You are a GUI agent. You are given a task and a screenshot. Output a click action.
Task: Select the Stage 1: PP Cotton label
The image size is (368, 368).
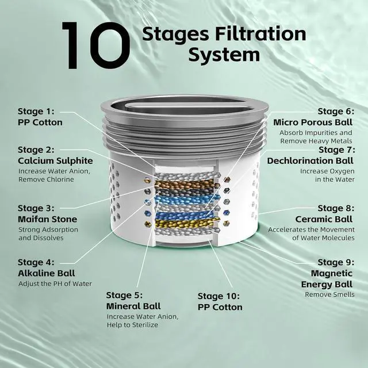tap(40, 117)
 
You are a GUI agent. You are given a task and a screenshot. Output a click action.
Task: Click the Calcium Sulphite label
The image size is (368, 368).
tap(54, 160)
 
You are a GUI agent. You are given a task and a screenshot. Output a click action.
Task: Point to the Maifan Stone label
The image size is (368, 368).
tap(47, 219)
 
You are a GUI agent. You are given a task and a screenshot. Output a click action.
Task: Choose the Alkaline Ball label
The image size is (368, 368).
tap(46, 273)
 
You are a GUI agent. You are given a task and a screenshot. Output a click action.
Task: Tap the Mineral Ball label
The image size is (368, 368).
tap(133, 305)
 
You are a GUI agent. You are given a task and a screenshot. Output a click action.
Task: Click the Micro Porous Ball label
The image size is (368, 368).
tap(313, 122)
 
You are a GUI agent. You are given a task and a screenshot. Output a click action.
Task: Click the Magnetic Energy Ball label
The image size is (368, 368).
tap(327, 279)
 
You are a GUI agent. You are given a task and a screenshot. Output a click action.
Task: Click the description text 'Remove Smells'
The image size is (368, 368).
tap(329, 294)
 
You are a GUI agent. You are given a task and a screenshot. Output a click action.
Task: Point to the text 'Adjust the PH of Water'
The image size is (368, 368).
tap(55, 283)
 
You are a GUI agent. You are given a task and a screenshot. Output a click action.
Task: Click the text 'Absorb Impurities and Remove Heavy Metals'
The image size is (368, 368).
tap(316, 137)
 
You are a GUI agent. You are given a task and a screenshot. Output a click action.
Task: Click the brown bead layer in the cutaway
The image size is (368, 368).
tap(184, 185)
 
